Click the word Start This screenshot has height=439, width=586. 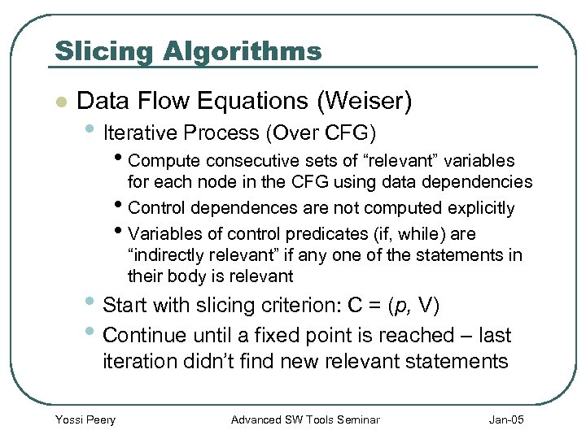[x=127, y=306]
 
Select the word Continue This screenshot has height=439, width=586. [x=144, y=334]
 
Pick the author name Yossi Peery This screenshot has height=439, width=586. [x=85, y=419]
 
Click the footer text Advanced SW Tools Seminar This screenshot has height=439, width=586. [x=305, y=419]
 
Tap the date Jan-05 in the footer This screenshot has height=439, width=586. [x=507, y=419]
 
